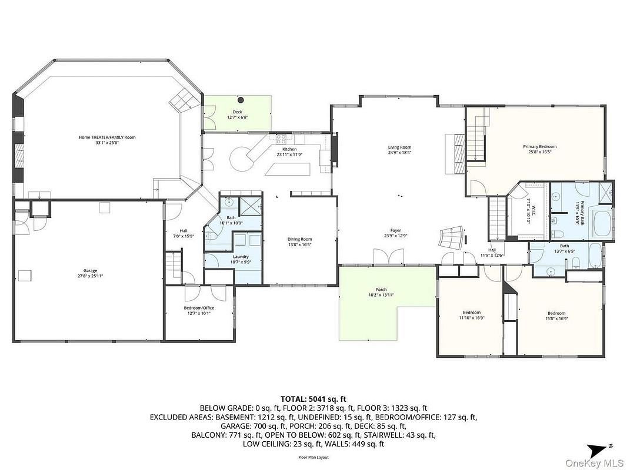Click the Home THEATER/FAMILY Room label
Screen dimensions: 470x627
(107, 137)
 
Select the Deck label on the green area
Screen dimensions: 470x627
(237, 112)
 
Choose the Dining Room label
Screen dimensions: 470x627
(299, 239)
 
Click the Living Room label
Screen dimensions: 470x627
(399, 147)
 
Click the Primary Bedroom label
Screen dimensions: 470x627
(539, 146)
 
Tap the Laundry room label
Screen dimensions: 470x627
(240, 257)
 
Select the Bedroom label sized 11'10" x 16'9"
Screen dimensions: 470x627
(471, 313)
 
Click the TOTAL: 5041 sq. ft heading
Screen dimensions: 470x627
(313, 398)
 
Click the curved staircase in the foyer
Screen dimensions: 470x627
(452, 237)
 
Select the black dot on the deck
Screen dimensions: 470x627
(241, 99)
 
